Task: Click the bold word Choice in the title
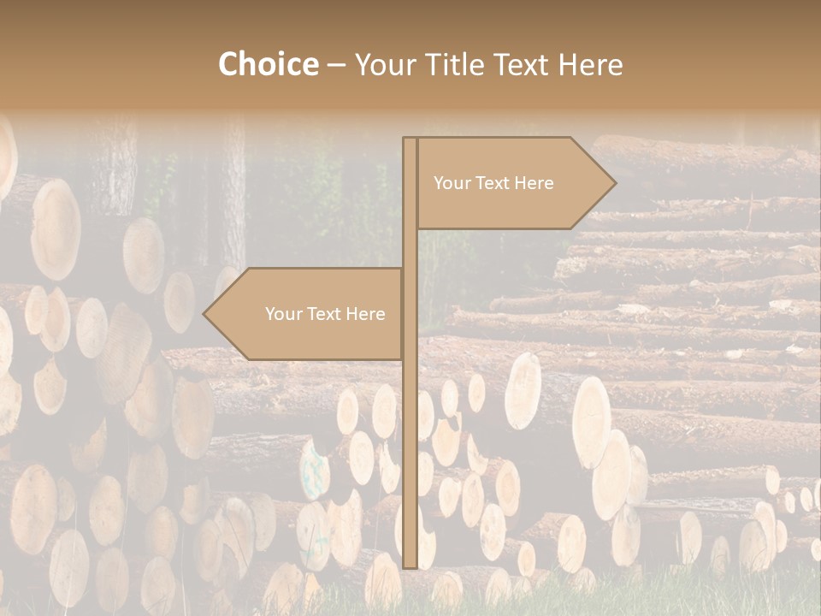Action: point(268,64)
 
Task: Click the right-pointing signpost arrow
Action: point(513,183)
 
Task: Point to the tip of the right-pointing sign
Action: point(614,183)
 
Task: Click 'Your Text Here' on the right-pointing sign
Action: point(493,183)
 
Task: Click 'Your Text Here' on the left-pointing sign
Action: point(325,314)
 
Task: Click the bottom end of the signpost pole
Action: point(410,566)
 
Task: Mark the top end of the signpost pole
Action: point(410,140)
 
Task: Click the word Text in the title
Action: point(523,64)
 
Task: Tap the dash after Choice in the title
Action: point(336,65)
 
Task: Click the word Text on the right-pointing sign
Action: point(493,183)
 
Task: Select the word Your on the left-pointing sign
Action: point(281,314)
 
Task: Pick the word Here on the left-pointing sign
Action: point(365,314)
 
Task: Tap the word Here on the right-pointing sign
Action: point(534,183)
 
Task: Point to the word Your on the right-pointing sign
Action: point(450,183)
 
